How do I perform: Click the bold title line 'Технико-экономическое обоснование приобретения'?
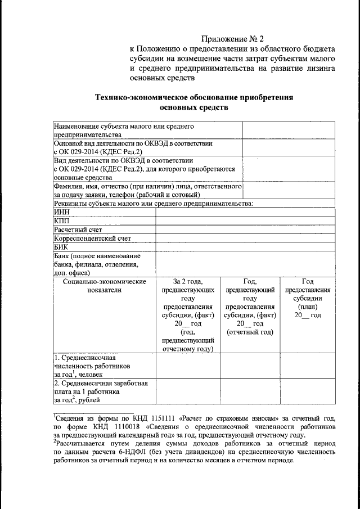click(x=194, y=97)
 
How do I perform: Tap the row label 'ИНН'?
click(x=61, y=212)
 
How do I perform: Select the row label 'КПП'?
click(x=61, y=220)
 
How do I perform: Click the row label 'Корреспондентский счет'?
click(x=92, y=238)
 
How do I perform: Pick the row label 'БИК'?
click(x=61, y=246)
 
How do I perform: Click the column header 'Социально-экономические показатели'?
click(x=104, y=286)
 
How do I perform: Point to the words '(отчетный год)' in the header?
click(x=250, y=332)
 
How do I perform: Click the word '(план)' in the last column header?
click(x=308, y=307)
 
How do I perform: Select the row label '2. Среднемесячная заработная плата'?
click(x=100, y=391)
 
